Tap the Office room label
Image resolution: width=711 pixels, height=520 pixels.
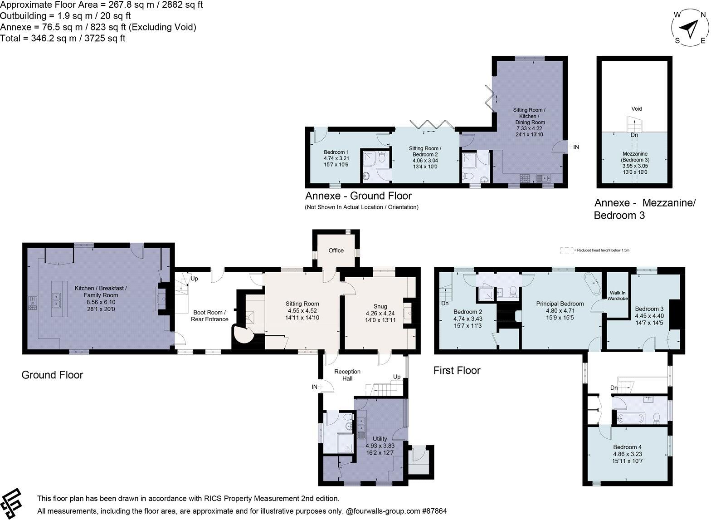pyautogui.click(x=336, y=250)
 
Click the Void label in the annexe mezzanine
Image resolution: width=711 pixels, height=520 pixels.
pyautogui.click(x=636, y=109)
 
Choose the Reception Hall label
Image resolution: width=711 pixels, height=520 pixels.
pyautogui.click(x=347, y=375)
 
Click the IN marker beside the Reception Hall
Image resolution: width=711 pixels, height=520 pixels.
pyautogui.click(x=314, y=387)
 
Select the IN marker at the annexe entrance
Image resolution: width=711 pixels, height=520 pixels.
pyautogui.click(x=576, y=147)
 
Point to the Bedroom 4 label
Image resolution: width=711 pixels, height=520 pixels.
pyautogui.click(x=628, y=447)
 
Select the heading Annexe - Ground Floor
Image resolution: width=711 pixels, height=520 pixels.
pyautogui.click(x=358, y=196)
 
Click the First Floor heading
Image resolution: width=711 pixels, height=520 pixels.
pyautogui.click(x=457, y=371)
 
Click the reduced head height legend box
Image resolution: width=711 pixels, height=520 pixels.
pyautogui.click(x=566, y=250)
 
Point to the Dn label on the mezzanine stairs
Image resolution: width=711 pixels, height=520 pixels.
pyautogui.click(x=634, y=135)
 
